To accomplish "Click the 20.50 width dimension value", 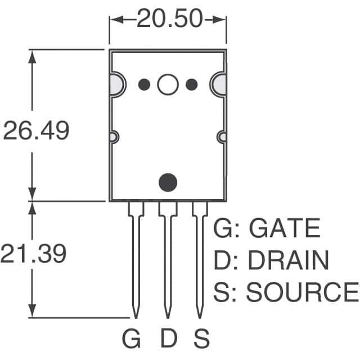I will (x=169, y=19).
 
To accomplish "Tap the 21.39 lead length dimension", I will (x=34, y=254).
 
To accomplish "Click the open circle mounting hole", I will (x=168, y=84).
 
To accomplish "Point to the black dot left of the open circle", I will (x=144, y=84).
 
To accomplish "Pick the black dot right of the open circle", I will (x=192, y=84).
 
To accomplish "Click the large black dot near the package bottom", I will (x=168, y=182).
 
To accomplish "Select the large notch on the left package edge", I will (x=116, y=84).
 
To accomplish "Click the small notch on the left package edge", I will (x=113, y=137).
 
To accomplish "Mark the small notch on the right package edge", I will (x=222, y=137).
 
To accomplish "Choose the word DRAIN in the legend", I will (x=288, y=260).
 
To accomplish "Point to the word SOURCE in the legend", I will (x=302, y=292).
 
